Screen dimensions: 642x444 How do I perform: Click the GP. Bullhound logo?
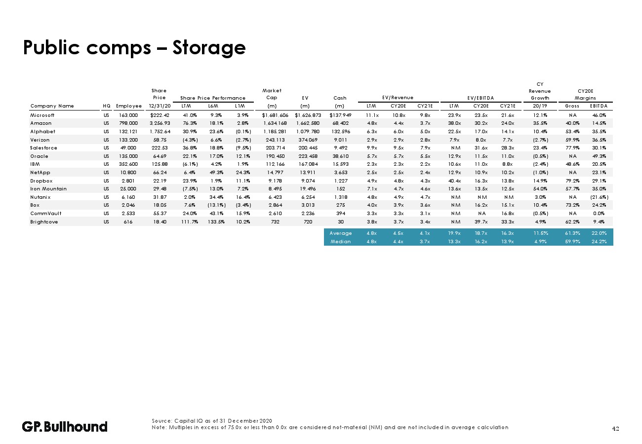click(x=65, y=427)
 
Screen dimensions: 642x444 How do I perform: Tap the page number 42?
click(x=615, y=429)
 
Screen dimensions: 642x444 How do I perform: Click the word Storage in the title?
click(x=209, y=48)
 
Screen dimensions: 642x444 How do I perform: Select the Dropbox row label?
click(x=41, y=181)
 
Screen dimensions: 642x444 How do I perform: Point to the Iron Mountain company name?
click(x=48, y=189)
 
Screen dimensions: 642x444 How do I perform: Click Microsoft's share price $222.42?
click(x=160, y=115)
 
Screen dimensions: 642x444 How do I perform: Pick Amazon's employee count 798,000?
click(x=128, y=123)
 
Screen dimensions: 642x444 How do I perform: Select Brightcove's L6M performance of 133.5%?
click(x=216, y=222)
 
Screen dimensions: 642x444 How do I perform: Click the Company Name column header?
click(x=52, y=106)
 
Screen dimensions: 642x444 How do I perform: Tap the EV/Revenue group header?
click(x=398, y=98)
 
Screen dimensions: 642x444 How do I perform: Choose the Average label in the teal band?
click(x=340, y=233)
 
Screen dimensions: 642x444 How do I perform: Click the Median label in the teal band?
click(x=340, y=242)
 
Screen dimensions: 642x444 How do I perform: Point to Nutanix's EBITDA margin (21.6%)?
click(x=600, y=197)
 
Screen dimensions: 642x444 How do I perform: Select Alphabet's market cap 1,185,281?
click(x=275, y=132)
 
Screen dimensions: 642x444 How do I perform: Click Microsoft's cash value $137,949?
click(x=340, y=115)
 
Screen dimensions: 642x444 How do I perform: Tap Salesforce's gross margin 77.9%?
click(x=572, y=148)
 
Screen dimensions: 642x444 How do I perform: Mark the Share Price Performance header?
click(x=213, y=98)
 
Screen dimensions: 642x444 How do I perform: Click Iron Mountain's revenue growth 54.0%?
click(x=540, y=189)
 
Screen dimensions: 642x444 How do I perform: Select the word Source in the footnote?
click(x=161, y=421)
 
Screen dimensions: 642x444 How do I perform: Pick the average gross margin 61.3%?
click(x=572, y=233)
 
